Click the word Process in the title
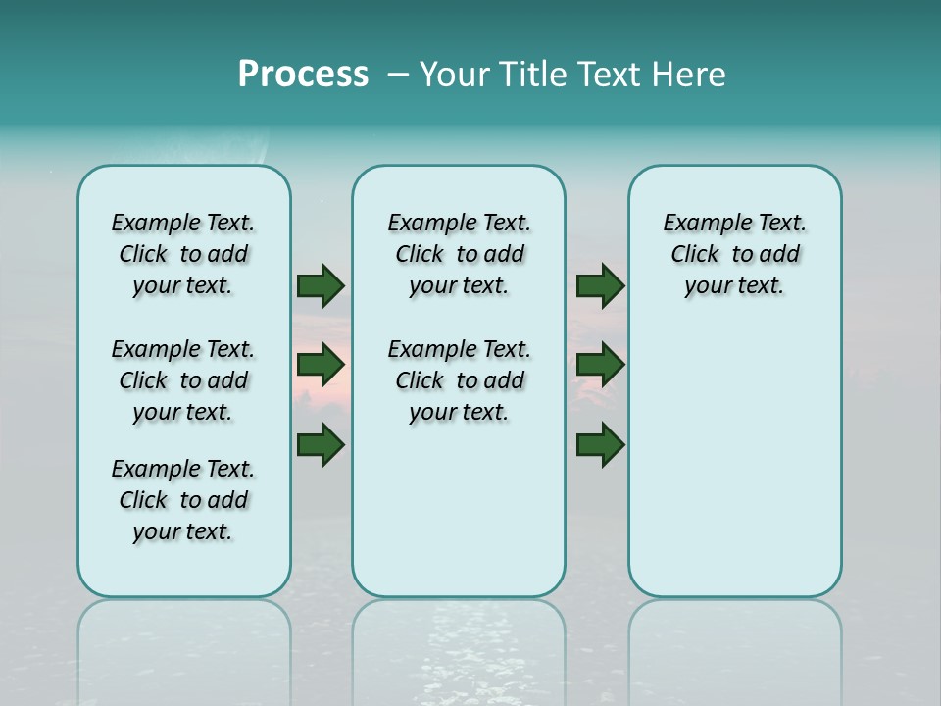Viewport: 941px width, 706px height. click(x=303, y=75)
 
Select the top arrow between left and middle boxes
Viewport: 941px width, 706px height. click(x=321, y=285)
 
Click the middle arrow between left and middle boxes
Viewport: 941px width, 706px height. click(x=321, y=365)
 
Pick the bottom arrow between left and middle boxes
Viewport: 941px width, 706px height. click(x=321, y=444)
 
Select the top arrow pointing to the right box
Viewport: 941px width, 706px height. click(x=600, y=285)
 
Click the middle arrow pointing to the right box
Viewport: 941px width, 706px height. click(x=600, y=365)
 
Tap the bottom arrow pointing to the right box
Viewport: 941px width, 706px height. click(x=600, y=444)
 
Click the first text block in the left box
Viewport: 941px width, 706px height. click(x=183, y=254)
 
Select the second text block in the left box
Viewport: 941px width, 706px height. click(x=183, y=380)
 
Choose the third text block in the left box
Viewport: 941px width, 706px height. click(x=183, y=500)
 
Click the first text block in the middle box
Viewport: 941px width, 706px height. click(x=459, y=254)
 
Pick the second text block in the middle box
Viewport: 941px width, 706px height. click(x=459, y=380)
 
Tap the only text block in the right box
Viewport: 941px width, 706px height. click(x=734, y=254)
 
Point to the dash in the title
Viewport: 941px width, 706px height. click(x=398, y=76)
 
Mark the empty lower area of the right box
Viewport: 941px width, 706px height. click(x=734, y=461)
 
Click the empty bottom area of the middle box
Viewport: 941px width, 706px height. click(x=459, y=520)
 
